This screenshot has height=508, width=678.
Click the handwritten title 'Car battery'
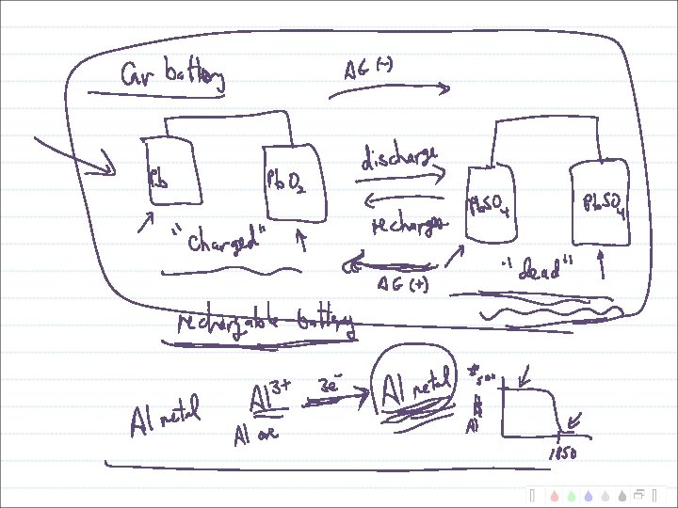172,77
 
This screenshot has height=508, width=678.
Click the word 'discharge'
399,160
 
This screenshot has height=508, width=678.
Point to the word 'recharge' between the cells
407,227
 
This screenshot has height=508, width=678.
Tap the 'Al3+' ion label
267,399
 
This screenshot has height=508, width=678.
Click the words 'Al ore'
255,436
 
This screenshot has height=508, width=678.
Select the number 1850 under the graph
562,454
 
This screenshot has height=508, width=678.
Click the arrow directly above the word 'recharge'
403,198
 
